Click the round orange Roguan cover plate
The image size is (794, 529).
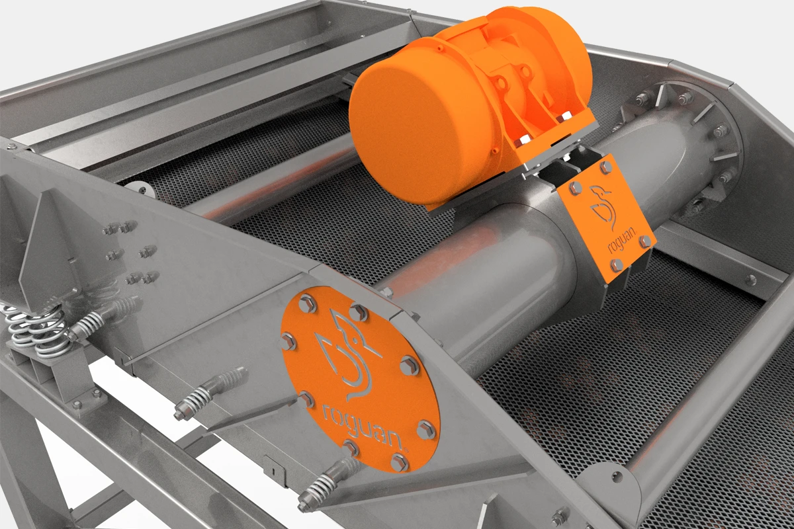360,379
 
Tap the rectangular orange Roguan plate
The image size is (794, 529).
607,219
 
